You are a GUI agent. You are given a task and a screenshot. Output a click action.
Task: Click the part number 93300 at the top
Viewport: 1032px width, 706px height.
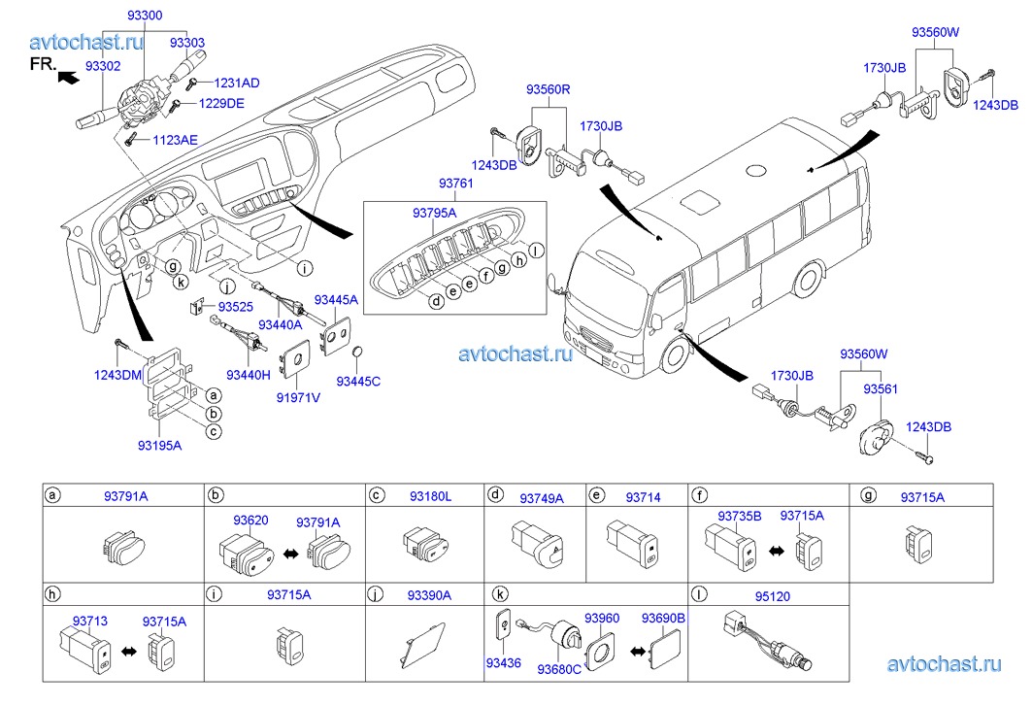pyautogui.click(x=145, y=16)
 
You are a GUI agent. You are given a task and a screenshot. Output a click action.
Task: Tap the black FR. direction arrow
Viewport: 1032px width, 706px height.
pyautogui.click(x=69, y=78)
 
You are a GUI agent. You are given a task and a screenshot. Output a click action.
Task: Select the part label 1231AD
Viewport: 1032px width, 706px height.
pyautogui.click(x=237, y=83)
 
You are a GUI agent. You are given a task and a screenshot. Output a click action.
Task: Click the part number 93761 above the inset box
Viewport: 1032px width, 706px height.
pyautogui.click(x=456, y=184)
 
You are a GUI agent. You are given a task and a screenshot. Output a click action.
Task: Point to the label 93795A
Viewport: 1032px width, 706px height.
pyautogui.click(x=434, y=213)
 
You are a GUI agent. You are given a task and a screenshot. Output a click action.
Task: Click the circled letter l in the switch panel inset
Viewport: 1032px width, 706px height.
pyautogui.click(x=537, y=251)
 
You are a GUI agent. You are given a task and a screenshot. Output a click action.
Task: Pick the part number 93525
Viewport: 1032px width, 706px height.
pyautogui.click(x=236, y=307)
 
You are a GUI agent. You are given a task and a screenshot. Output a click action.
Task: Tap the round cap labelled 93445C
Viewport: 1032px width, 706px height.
pyautogui.click(x=358, y=352)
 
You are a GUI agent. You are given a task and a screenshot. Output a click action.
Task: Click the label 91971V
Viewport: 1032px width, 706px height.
pyautogui.click(x=298, y=398)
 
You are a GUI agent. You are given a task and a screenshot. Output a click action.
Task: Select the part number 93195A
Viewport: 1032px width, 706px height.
pyautogui.click(x=160, y=446)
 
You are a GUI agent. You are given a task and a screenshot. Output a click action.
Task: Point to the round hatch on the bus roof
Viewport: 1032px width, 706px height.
pyautogui.click(x=756, y=170)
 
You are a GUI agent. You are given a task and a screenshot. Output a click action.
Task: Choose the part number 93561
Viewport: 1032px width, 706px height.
pyautogui.click(x=881, y=389)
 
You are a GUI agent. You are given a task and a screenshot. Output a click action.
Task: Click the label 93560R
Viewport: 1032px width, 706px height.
pyautogui.click(x=549, y=89)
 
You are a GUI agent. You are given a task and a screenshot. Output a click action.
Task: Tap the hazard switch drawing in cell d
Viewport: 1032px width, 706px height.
pyautogui.click(x=537, y=543)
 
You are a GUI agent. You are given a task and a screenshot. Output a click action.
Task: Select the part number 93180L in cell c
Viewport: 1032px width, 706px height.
pyautogui.click(x=430, y=496)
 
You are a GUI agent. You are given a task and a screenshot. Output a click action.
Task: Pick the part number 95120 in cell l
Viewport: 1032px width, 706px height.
pyautogui.click(x=773, y=596)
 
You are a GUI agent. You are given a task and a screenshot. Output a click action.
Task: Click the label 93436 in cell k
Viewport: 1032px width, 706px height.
pyautogui.click(x=504, y=663)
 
